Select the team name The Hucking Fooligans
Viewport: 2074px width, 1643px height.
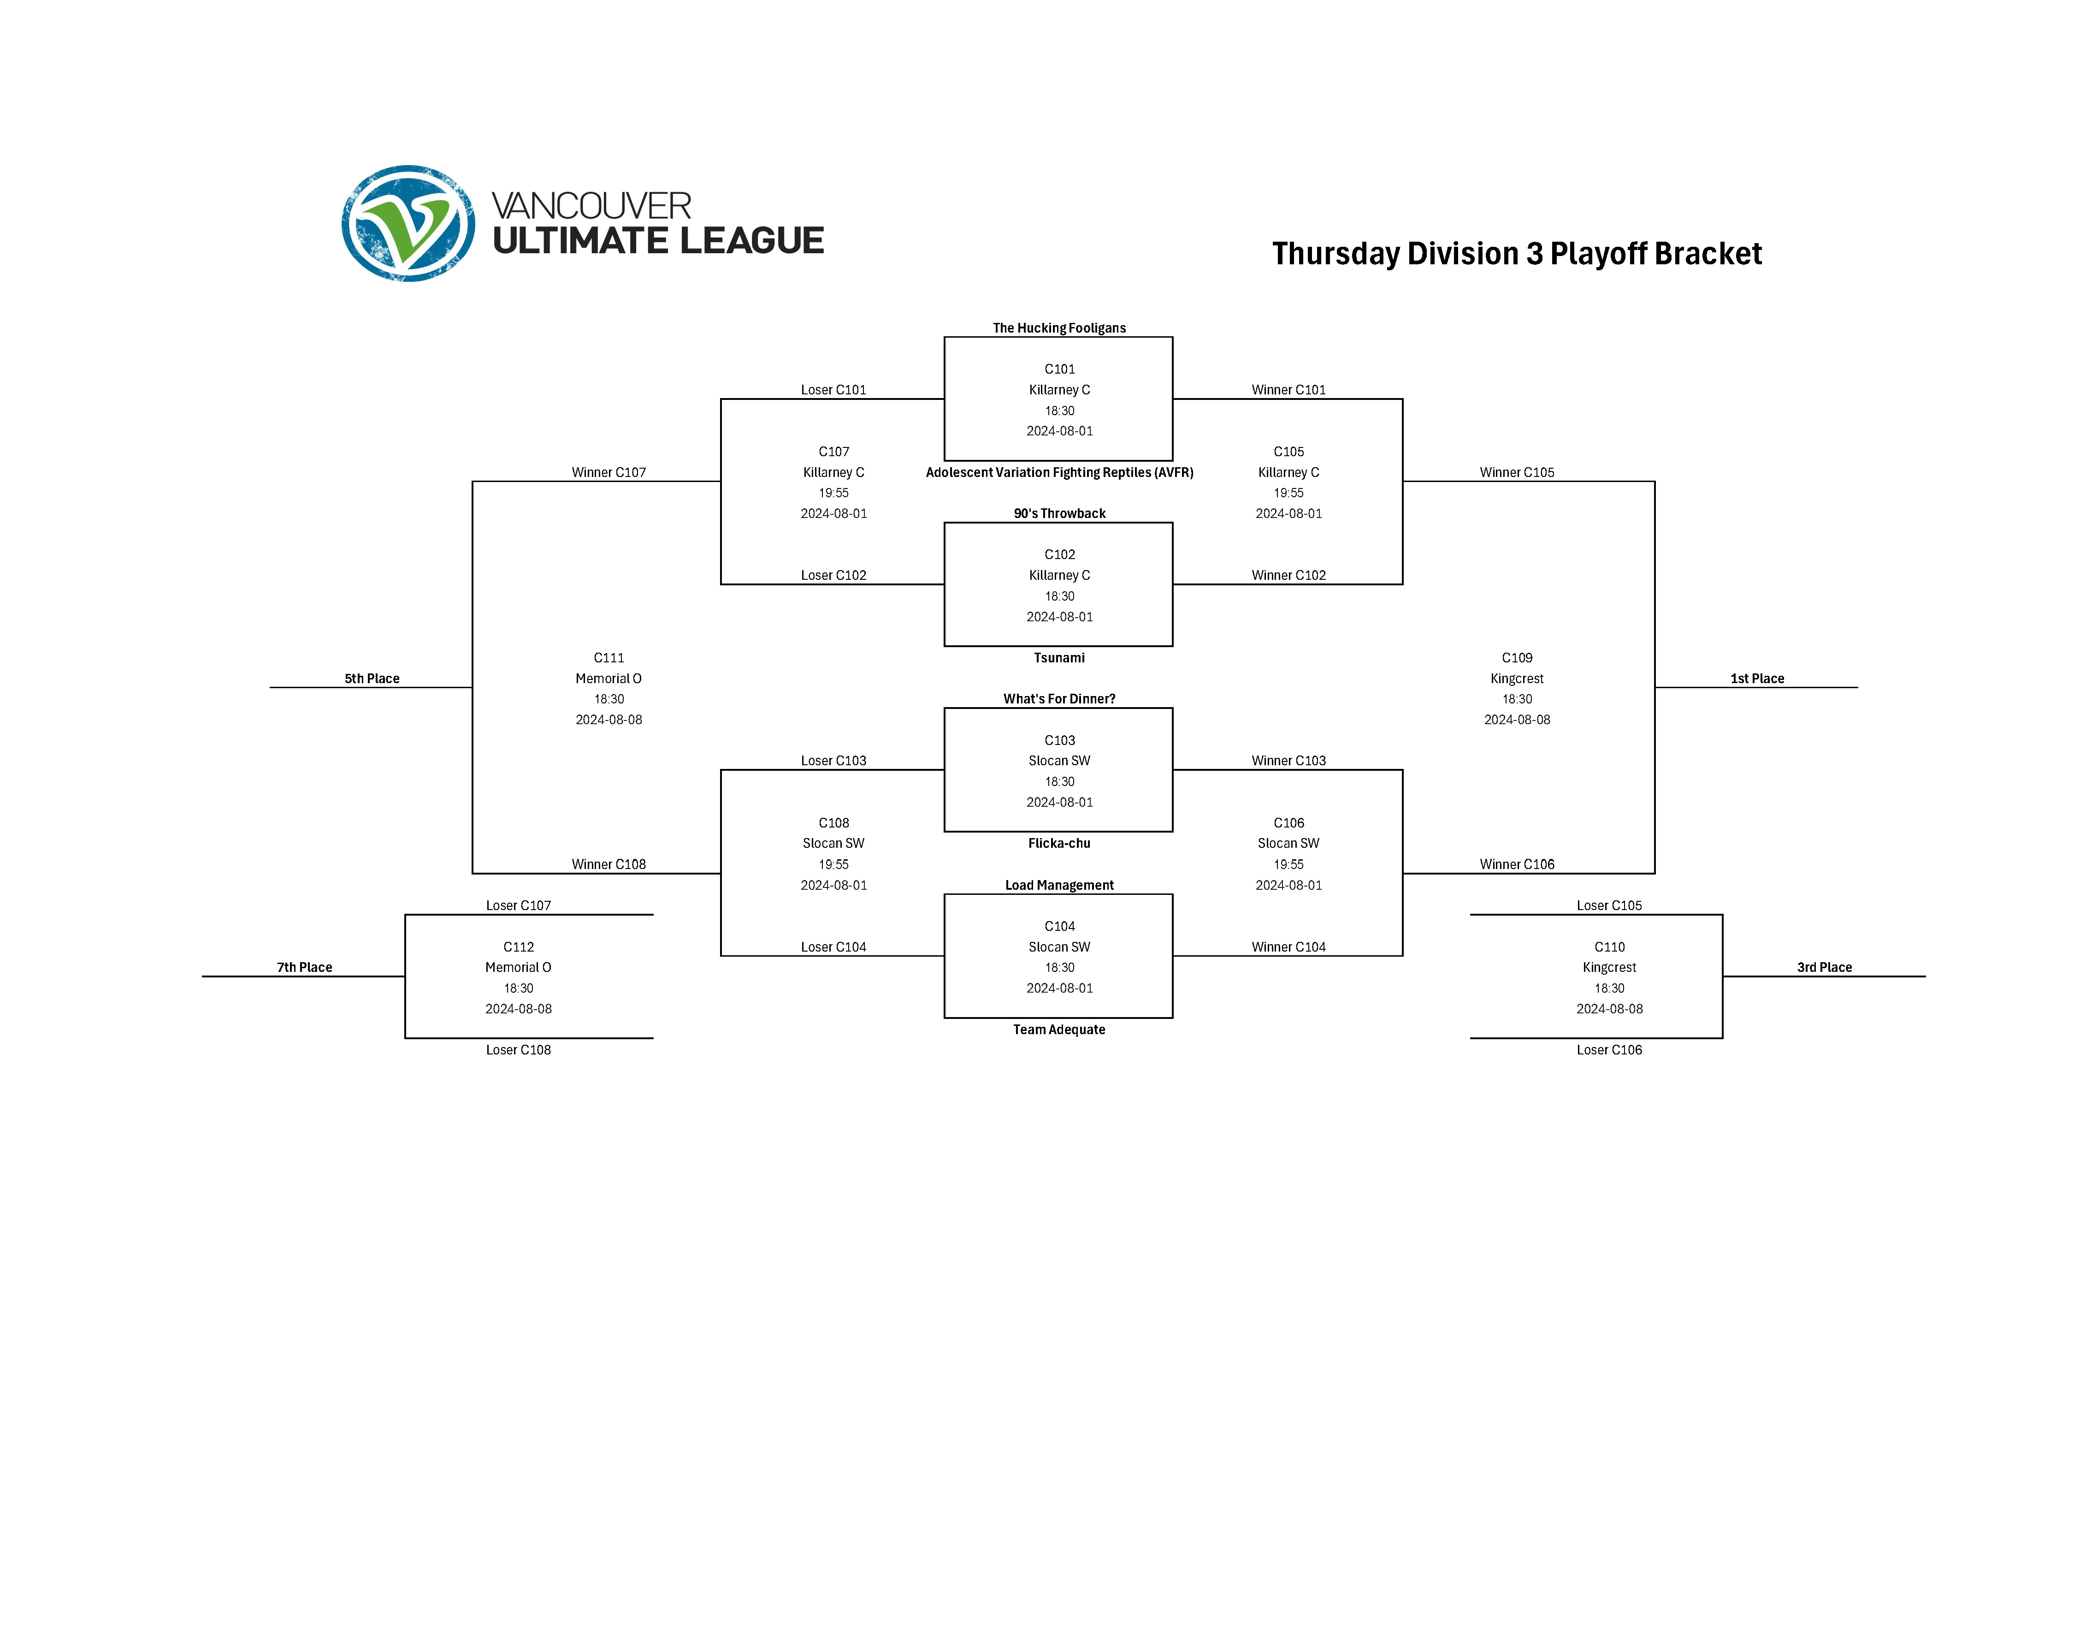tap(1058, 328)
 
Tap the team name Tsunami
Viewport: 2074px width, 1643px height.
tap(1058, 658)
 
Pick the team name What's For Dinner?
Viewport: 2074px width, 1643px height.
tap(1058, 699)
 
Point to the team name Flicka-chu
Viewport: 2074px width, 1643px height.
tap(1058, 844)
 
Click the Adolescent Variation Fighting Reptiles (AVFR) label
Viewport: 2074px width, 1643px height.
tap(1058, 472)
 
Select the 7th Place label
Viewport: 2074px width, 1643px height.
tap(305, 968)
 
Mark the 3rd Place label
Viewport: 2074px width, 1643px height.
tap(1824, 968)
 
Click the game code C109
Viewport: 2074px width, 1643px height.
tap(1516, 658)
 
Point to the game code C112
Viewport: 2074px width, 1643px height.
tap(518, 947)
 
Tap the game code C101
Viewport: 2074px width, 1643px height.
tap(1058, 369)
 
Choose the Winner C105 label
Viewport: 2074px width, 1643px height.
tap(1516, 472)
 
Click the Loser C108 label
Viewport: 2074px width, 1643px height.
tap(518, 1050)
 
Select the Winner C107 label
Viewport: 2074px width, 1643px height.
tap(609, 472)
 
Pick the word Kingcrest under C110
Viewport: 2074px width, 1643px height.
tap(1608, 968)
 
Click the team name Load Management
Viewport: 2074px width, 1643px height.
tap(1058, 885)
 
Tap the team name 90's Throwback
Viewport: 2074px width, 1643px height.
tap(1058, 514)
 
